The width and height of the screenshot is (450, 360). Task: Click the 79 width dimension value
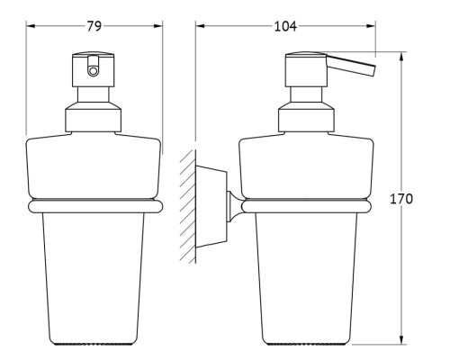(94, 26)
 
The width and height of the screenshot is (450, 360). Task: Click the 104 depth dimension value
(285, 26)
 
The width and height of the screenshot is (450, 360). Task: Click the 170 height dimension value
(401, 199)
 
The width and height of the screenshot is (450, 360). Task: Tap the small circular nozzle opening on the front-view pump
(93, 71)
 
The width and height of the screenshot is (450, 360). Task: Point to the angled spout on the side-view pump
(350, 65)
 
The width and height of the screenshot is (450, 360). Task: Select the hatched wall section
(188, 207)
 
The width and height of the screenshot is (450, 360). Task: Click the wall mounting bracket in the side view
(211, 207)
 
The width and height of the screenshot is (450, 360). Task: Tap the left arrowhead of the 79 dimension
(31, 26)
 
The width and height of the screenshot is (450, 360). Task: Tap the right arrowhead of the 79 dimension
(158, 26)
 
